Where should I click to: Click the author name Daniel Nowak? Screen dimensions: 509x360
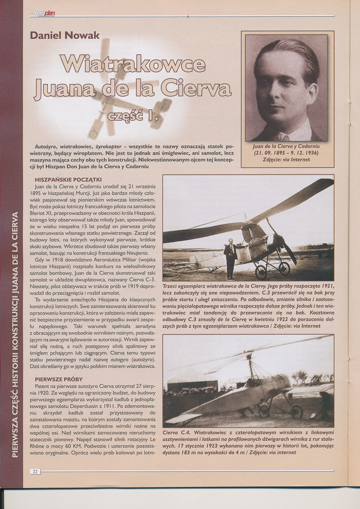65,35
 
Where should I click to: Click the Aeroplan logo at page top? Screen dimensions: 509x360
44,14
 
